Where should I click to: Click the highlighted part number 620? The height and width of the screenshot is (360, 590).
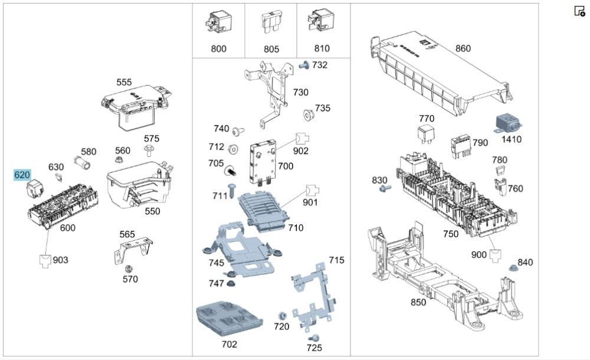pyautogui.click(x=22, y=175)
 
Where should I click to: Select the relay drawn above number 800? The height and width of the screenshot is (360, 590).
pyautogui.click(x=219, y=22)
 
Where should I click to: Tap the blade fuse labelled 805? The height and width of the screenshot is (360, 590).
pyautogui.click(x=271, y=22)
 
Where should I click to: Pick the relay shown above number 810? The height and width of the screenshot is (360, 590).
pyautogui.click(x=321, y=22)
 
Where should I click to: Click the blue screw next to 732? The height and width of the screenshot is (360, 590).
pyautogui.click(x=304, y=65)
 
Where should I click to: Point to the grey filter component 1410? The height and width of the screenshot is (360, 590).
pyautogui.click(x=507, y=123)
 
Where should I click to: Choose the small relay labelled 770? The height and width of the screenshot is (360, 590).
pyautogui.click(x=426, y=135)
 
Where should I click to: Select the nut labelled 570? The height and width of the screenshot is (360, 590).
pyautogui.click(x=128, y=269)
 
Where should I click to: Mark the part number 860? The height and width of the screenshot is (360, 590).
pyautogui.click(x=463, y=48)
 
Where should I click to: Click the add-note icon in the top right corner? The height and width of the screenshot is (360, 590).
pyautogui.click(x=580, y=11)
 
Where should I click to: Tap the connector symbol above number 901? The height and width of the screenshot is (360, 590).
pyautogui.click(x=312, y=191)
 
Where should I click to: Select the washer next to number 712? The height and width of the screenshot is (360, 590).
pyautogui.click(x=233, y=149)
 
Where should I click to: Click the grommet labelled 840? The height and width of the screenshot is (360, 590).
pyautogui.click(x=513, y=268)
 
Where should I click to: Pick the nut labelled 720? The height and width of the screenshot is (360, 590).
pyautogui.click(x=282, y=316)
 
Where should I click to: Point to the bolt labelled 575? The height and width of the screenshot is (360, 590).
pyautogui.click(x=149, y=150)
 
